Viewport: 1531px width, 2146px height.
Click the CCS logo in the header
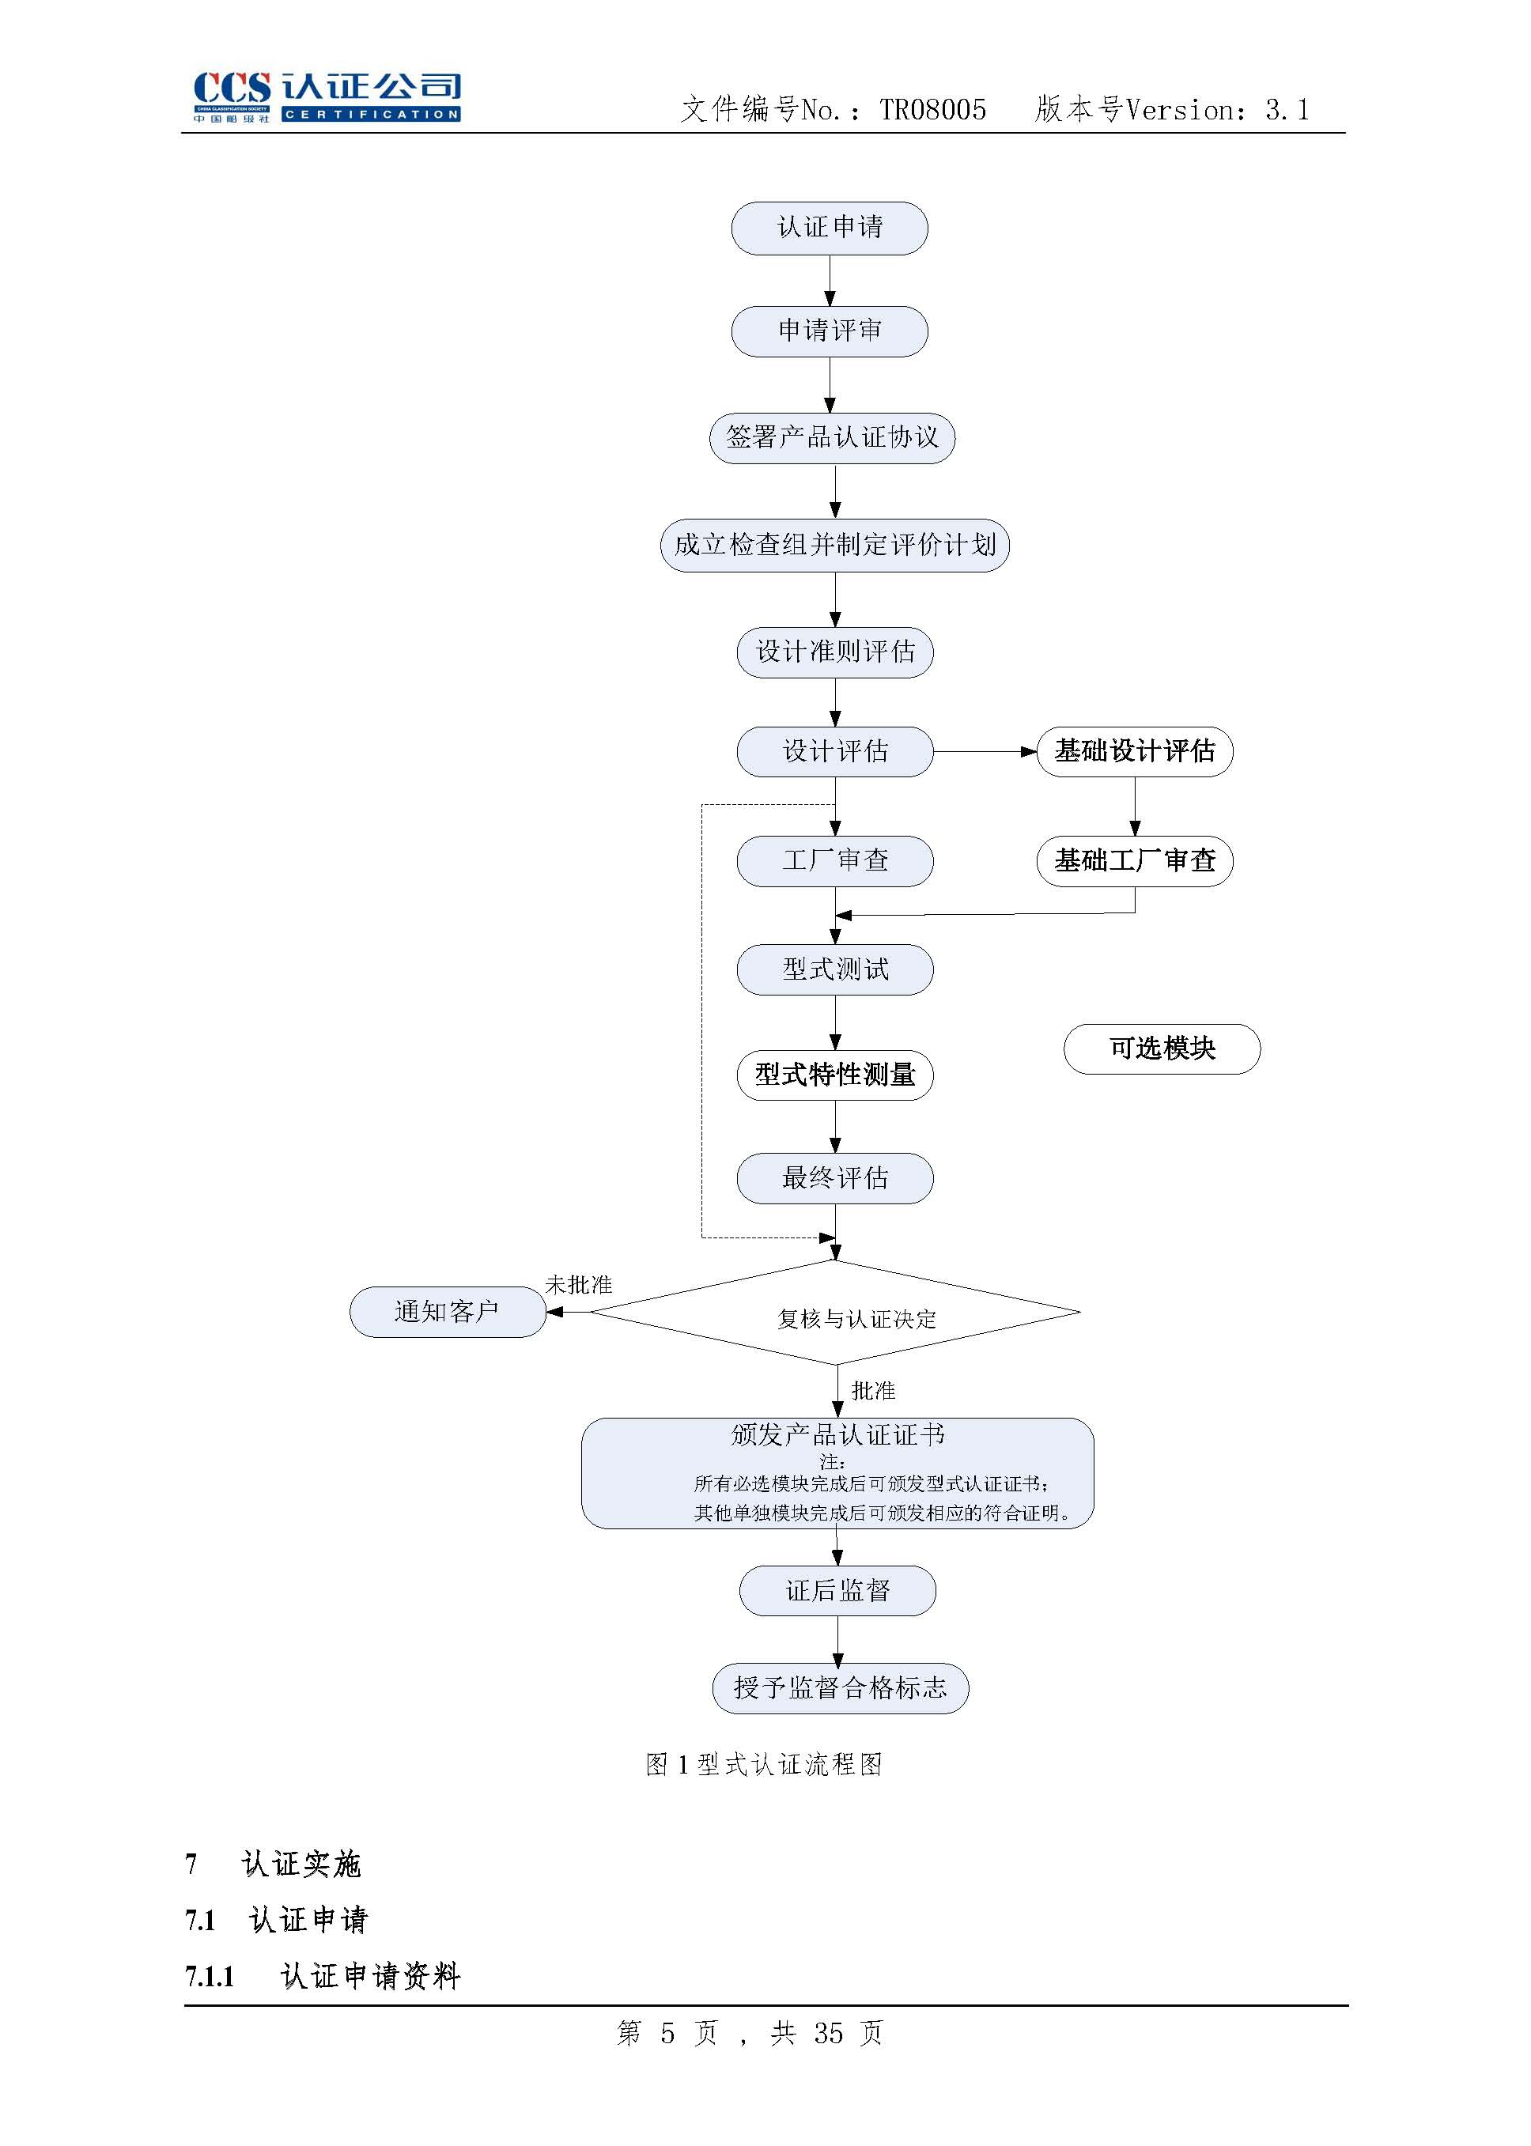[326, 96]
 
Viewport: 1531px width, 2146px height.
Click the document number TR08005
[932, 110]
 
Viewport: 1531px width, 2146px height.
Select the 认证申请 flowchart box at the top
[829, 228]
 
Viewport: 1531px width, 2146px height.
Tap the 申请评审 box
[829, 331]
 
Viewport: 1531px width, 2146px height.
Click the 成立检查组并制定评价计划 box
[834, 546]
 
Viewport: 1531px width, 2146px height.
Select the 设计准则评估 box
[834, 652]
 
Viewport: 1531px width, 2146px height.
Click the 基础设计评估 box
[1134, 752]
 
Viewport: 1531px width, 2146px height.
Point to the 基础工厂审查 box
[1134, 861]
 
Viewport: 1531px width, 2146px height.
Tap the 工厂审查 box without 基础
[834, 861]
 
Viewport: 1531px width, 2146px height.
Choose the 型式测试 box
[834, 969]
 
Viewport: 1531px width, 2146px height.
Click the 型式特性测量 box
[834, 1075]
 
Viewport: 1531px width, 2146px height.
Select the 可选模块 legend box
[1162, 1049]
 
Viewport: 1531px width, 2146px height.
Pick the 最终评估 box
[834, 1179]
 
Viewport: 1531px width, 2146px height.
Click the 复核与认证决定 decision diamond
[835, 1313]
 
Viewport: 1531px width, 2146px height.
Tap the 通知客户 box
[447, 1312]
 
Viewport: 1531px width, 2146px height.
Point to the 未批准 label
[579, 1286]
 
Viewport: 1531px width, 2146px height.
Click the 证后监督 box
[837, 1592]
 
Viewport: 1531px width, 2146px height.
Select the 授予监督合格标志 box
[840, 1689]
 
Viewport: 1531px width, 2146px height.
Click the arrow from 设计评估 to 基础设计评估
[985, 752]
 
